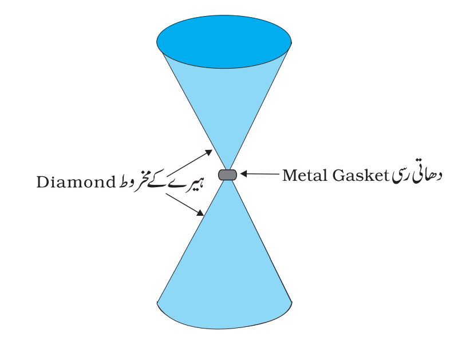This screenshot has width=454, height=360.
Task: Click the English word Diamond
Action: tap(76, 182)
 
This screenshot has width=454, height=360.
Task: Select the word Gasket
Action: tap(361, 175)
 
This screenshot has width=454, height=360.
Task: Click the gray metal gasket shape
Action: tap(228, 175)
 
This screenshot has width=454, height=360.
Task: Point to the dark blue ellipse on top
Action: tap(224, 42)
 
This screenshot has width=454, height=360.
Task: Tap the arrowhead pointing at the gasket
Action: tap(244, 173)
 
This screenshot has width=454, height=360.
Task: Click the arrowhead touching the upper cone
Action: tap(209, 152)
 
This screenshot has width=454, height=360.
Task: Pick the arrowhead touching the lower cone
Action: tap(200, 213)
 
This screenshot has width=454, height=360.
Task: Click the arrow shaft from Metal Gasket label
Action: tap(263, 173)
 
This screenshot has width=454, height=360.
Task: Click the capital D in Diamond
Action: tap(42, 182)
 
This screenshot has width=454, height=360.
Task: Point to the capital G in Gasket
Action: tap(339, 175)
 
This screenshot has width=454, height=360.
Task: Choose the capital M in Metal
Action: tap(290, 175)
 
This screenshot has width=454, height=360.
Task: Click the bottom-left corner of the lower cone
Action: tap(157, 303)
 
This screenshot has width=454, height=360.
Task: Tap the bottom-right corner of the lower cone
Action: tap(292, 303)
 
